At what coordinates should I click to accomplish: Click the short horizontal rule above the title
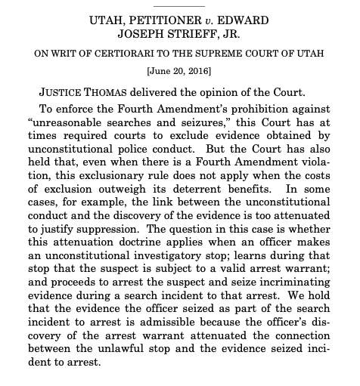coord(178,5)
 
